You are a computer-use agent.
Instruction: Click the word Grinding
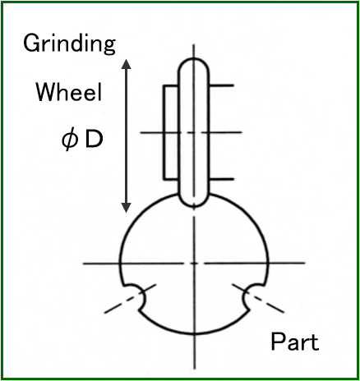(x=69, y=44)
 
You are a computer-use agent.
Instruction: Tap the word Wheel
(x=69, y=92)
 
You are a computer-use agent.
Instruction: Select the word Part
(x=295, y=342)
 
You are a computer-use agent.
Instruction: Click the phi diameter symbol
(x=69, y=140)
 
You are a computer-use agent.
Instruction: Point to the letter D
(x=94, y=140)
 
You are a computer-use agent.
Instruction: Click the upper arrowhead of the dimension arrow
(x=127, y=63)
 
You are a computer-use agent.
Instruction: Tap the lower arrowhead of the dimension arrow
(x=127, y=208)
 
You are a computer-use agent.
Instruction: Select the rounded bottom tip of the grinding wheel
(x=194, y=205)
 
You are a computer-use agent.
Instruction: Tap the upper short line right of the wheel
(x=222, y=85)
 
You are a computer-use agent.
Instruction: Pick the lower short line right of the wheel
(x=222, y=179)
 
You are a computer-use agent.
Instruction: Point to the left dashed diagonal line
(x=130, y=298)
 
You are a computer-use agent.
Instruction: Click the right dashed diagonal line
(x=258, y=298)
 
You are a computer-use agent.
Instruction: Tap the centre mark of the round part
(x=194, y=264)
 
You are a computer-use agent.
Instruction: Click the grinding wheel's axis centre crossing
(x=194, y=132)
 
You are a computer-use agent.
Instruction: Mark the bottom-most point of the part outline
(x=194, y=333)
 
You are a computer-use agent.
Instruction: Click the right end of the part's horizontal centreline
(x=305, y=263)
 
